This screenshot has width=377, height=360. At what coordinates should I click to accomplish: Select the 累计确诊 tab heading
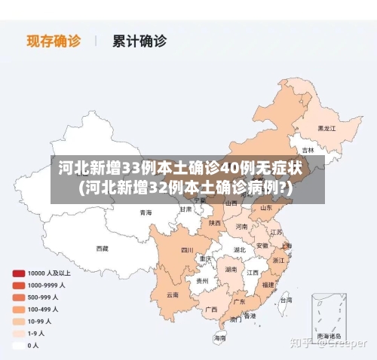(139, 40)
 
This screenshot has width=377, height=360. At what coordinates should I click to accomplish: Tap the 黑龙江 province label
(326, 128)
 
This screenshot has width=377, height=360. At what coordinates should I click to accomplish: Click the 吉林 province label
(308, 150)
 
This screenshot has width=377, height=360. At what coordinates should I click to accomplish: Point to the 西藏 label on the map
(102, 248)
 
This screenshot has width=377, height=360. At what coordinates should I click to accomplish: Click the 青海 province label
(146, 212)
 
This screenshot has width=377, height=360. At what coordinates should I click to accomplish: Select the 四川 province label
(187, 250)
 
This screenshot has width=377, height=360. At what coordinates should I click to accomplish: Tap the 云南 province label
(173, 294)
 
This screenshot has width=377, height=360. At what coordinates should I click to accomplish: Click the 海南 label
(219, 338)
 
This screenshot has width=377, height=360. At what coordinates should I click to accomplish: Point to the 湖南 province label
(231, 268)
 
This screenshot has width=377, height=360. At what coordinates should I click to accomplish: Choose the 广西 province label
(211, 309)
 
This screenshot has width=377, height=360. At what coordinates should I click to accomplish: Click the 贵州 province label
(202, 280)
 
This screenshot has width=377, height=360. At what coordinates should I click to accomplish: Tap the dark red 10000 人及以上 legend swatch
(17, 273)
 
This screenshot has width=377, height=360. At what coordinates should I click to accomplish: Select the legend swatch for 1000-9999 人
(17, 285)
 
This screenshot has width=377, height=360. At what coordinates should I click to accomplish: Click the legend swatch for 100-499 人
(17, 309)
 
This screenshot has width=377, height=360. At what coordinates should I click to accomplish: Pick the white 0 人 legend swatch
(17, 345)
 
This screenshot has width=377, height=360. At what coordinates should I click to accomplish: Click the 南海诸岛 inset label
(329, 335)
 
